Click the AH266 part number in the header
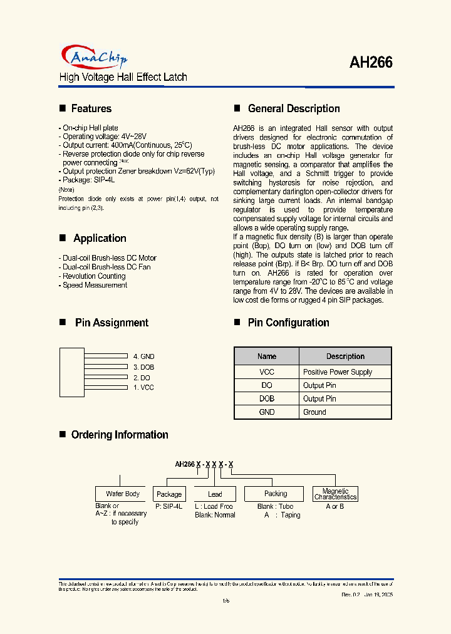pyautogui.click(x=371, y=63)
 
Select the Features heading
pyautogui.click(x=91, y=108)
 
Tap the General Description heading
pyautogui.click(x=293, y=108)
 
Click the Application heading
pyautogui.click(x=100, y=238)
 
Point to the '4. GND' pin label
pyautogui.click(x=143, y=356)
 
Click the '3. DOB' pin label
pyautogui.click(x=143, y=367)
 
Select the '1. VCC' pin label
pyautogui.click(x=143, y=388)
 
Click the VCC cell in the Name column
pyautogui.click(x=266, y=372)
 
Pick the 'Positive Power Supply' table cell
pyautogui.click(x=338, y=372)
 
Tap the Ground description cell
pyautogui.click(x=314, y=412)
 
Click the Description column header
pyautogui.click(x=345, y=356)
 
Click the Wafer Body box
pyautogui.click(x=122, y=494)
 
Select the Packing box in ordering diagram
pyautogui.click(x=275, y=494)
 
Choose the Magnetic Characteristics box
pyautogui.click(x=335, y=494)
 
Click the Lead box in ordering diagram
pyautogui.click(x=215, y=494)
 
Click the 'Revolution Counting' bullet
pyautogui.click(x=95, y=276)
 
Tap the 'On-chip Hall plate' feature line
pyautogui.click(x=90, y=128)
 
